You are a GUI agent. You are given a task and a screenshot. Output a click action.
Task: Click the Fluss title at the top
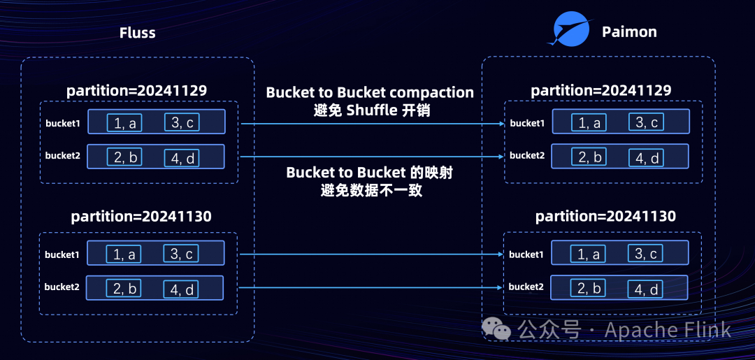point(137,33)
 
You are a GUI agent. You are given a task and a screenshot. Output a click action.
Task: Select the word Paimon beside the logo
point(629,31)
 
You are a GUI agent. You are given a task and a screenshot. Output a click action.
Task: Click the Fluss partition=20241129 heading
point(136,91)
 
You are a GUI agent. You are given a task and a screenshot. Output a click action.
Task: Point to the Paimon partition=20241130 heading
point(605,216)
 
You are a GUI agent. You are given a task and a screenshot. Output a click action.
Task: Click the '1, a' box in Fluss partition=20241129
point(124,123)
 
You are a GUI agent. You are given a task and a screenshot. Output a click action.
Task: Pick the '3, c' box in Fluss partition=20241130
point(182,254)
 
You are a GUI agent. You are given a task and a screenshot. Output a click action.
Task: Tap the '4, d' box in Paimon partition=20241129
point(645,158)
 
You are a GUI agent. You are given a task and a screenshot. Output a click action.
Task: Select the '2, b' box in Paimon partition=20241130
point(589,288)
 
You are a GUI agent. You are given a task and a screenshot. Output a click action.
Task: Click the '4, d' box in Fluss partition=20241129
point(182,158)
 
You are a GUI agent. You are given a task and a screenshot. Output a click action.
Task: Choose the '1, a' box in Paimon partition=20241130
point(589,254)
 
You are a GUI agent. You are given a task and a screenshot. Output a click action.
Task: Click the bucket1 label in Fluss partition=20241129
point(63,124)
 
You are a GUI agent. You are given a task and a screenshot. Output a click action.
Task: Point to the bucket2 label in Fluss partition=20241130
point(62,287)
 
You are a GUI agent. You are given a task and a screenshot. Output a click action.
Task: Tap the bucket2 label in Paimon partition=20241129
point(527,155)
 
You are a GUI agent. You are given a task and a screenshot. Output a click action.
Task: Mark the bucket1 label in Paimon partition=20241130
point(526,254)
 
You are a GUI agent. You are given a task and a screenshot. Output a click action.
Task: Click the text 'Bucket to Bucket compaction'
point(370,93)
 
